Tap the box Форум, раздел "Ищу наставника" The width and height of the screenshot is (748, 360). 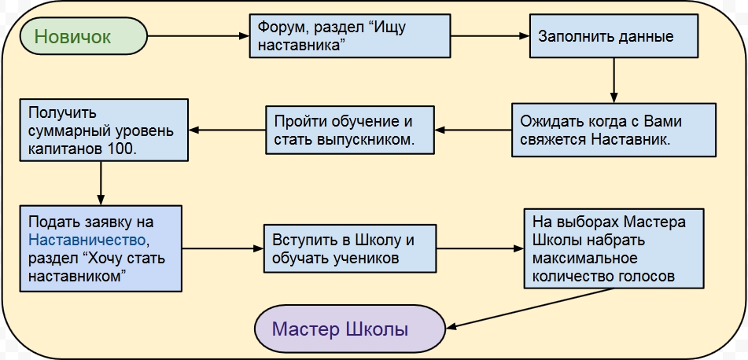tap(350, 36)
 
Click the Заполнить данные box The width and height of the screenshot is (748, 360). tap(614, 36)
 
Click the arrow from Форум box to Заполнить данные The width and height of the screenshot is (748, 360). tap(489, 36)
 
